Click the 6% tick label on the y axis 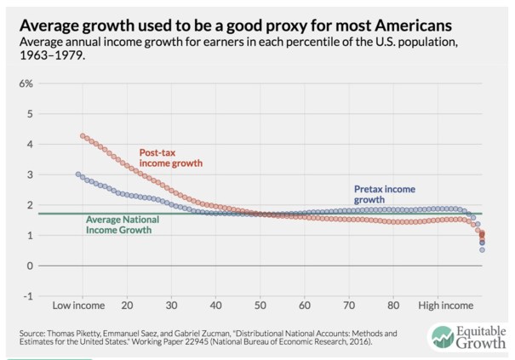click(26, 83)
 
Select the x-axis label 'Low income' click(77, 305)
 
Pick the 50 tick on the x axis click(260, 305)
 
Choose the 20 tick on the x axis click(127, 305)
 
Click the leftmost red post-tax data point click(83, 136)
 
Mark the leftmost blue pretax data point click(78, 174)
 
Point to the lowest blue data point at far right click(482, 249)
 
